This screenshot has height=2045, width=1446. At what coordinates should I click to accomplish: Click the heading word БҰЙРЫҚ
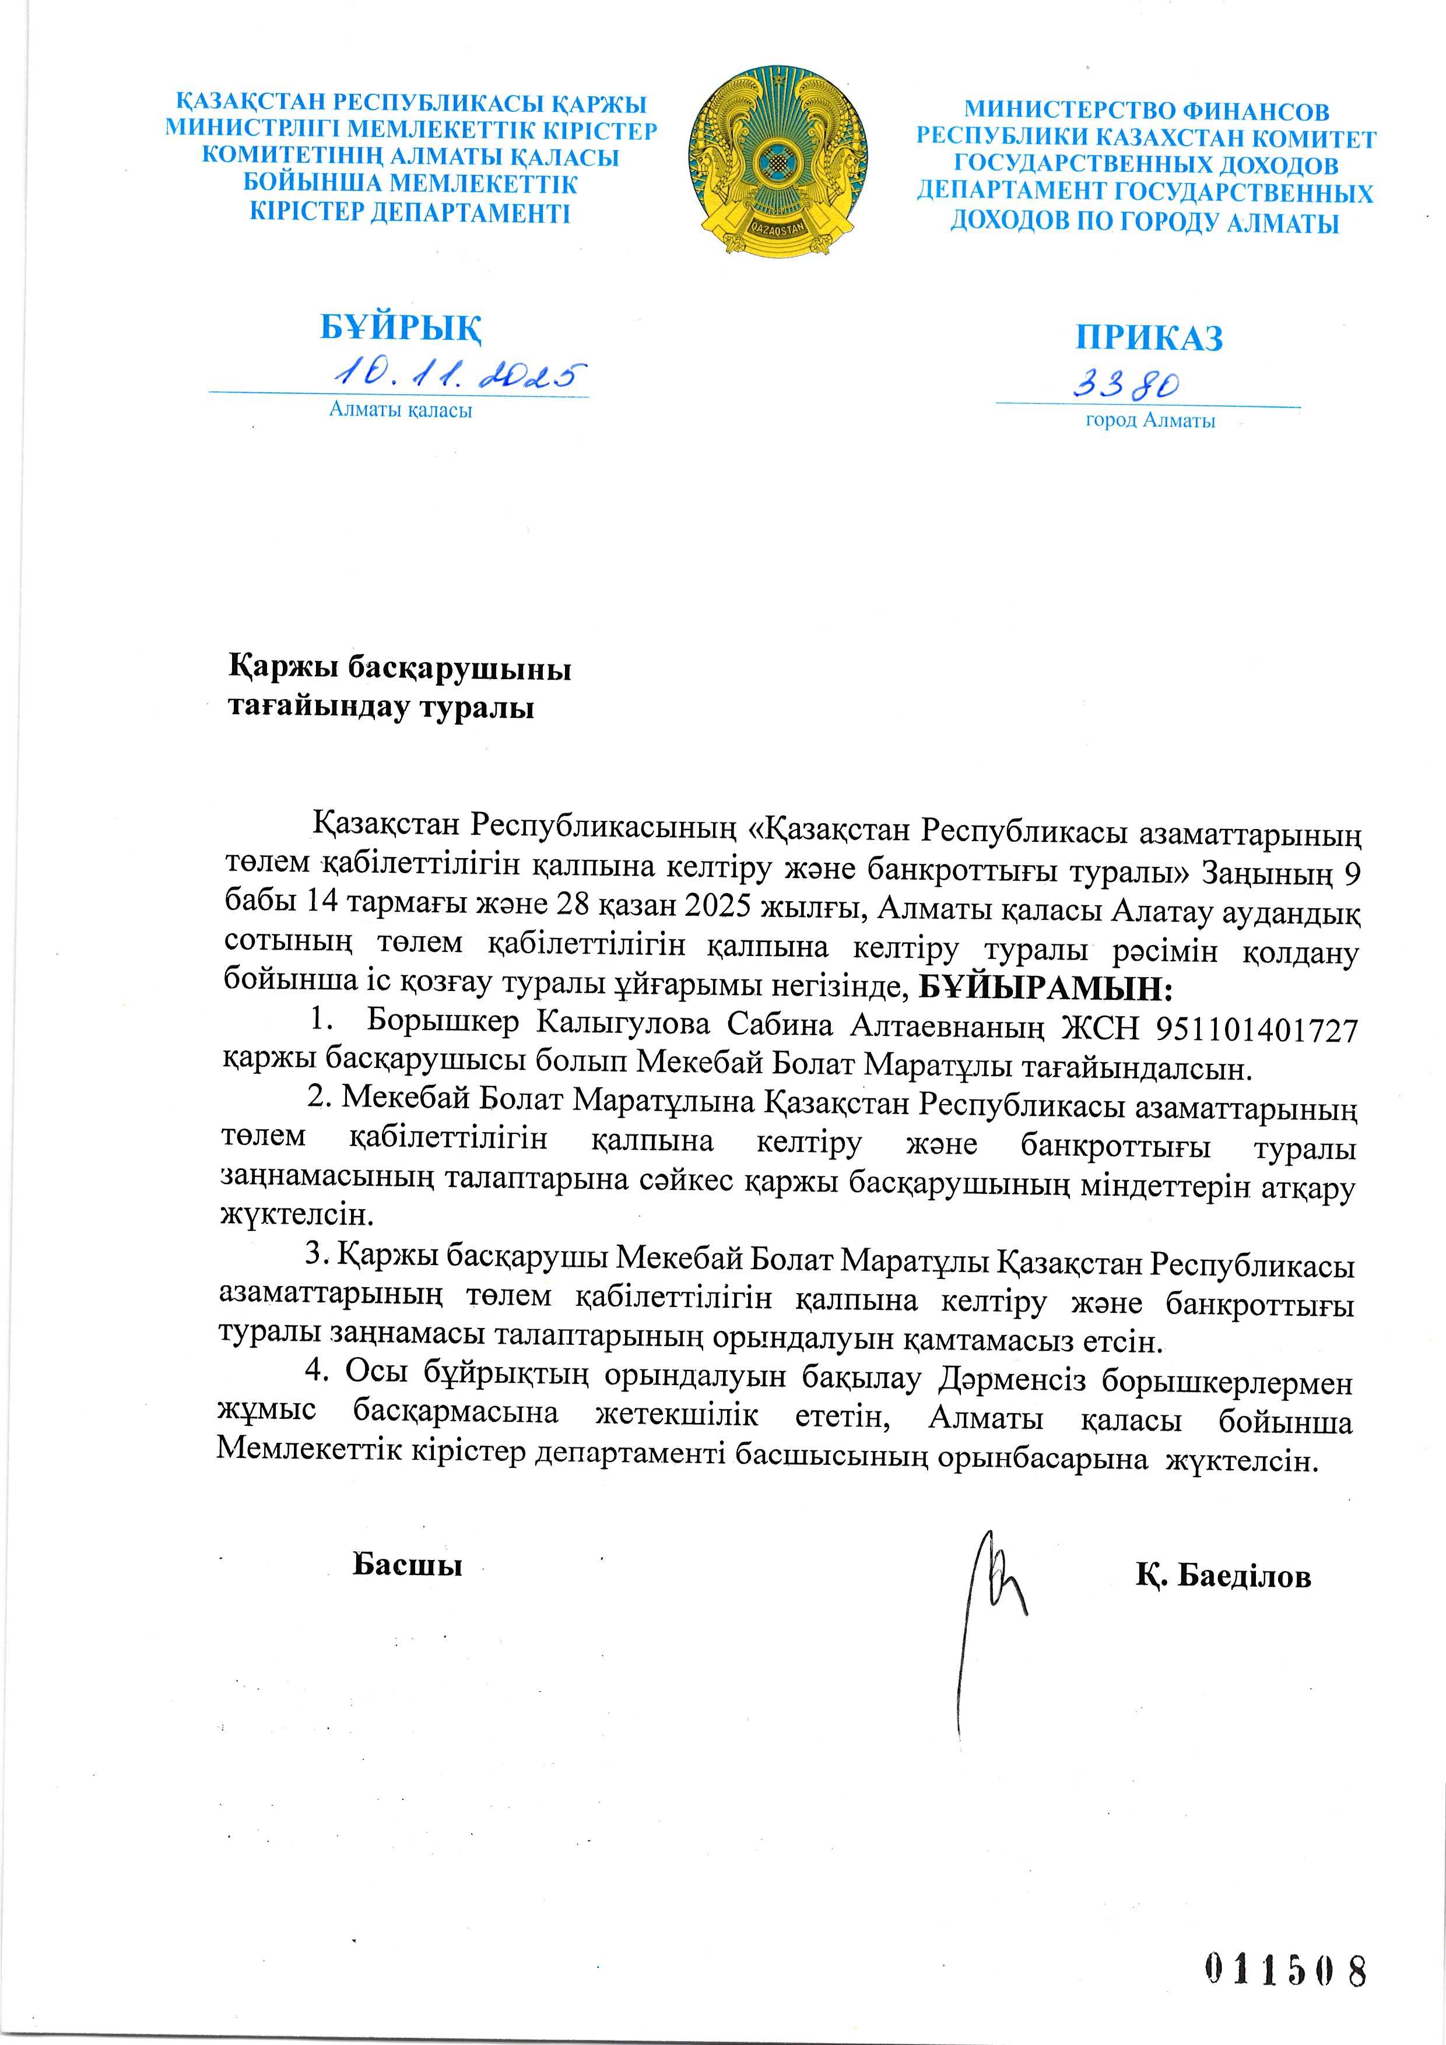point(401,328)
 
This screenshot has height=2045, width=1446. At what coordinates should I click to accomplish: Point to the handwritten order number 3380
point(1125,384)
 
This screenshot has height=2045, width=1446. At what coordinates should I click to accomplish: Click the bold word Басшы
point(407,1565)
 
